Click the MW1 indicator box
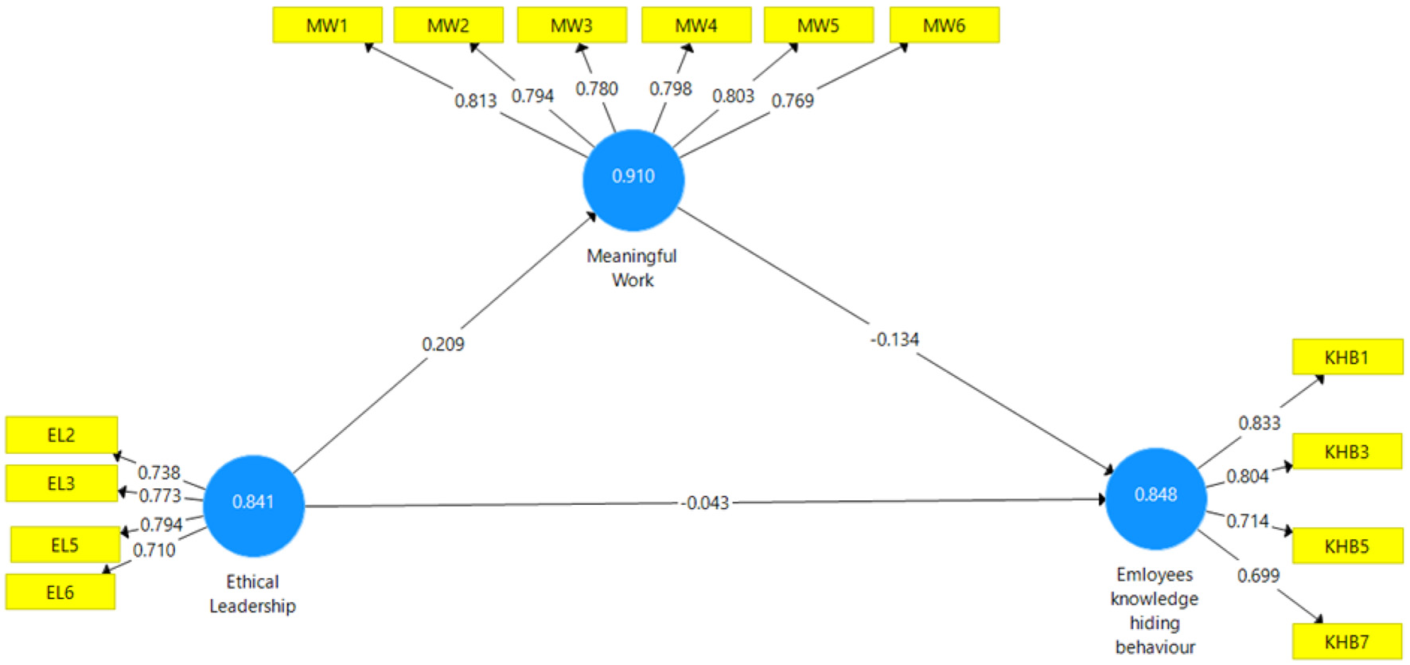pyautogui.click(x=327, y=25)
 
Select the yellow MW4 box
pyautogui.click(x=696, y=25)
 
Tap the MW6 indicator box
pyautogui.click(x=944, y=25)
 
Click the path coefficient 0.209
pyautogui.click(x=443, y=344)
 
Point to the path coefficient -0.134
pyautogui.click(x=894, y=340)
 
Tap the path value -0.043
pyautogui.click(x=705, y=503)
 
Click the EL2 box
pyautogui.click(x=61, y=436)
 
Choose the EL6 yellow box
pyautogui.click(x=60, y=593)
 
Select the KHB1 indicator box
pyautogui.click(x=1346, y=358)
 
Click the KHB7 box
pyautogui.click(x=1346, y=642)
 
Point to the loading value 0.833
pyautogui.click(x=1259, y=423)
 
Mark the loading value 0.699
pyautogui.click(x=1258, y=576)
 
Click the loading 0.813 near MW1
pyautogui.click(x=475, y=101)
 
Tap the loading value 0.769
pyautogui.click(x=793, y=101)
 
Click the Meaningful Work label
pyautogui.click(x=632, y=268)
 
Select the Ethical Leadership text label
pyautogui.click(x=252, y=594)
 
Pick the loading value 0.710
pyautogui.click(x=154, y=550)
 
